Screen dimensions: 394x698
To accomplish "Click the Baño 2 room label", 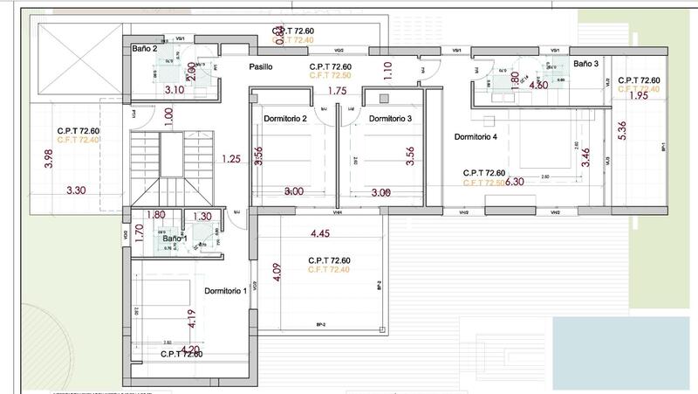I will (x=145, y=50).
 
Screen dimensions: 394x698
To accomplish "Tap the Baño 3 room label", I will (x=586, y=64).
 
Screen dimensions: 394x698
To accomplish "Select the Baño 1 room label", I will (x=175, y=238).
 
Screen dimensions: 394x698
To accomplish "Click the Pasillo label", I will (x=263, y=66).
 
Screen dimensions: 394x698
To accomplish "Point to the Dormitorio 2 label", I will (x=284, y=118).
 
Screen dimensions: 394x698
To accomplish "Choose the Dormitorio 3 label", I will (x=390, y=118).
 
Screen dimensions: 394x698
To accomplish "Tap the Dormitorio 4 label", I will (x=476, y=136).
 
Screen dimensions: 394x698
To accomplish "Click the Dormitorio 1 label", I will (x=226, y=291).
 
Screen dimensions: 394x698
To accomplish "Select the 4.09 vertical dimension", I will (x=278, y=277).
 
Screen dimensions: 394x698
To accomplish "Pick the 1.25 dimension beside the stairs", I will (x=231, y=159).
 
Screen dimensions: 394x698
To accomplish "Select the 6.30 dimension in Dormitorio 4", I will (x=516, y=182).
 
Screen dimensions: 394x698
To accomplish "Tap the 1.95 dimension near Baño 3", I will (x=638, y=96).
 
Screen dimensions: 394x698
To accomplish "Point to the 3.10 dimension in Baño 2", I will (x=174, y=89).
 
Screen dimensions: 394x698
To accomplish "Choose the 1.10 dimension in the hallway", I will (x=387, y=71).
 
